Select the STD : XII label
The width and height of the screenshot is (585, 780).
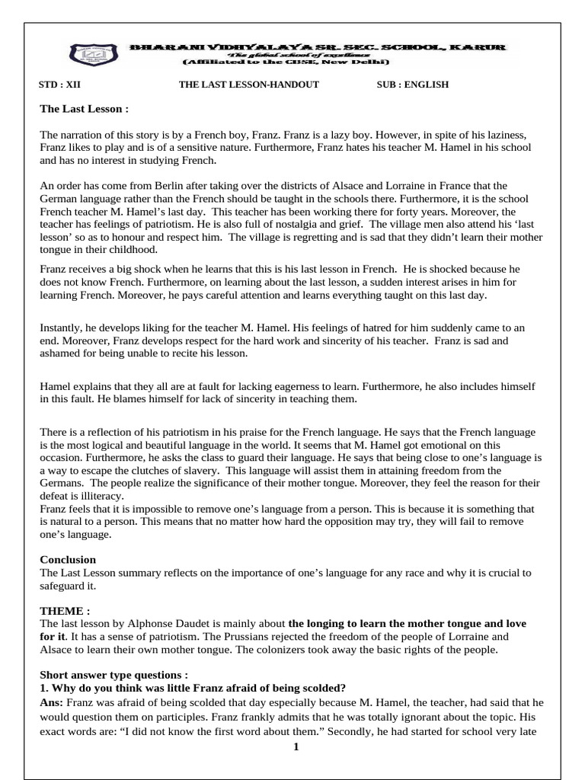point(59,85)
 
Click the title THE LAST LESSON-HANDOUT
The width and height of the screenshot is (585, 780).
point(248,85)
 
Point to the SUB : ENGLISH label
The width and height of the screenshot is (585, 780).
point(412,85)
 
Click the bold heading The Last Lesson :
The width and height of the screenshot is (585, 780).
point(84,109)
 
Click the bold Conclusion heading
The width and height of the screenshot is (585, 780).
point(68,560)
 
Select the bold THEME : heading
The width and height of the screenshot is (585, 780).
point(65,611)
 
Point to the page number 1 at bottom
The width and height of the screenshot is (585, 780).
point(296,747)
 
